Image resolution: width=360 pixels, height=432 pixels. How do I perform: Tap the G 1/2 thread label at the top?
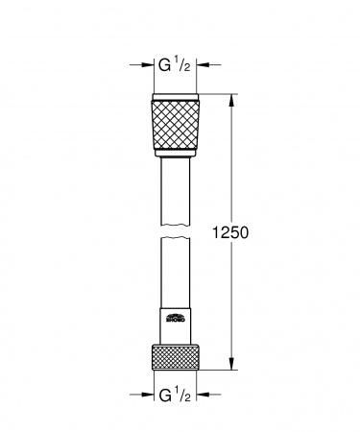pos(177,68)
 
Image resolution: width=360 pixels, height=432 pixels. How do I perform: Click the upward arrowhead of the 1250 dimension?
pos(230,99)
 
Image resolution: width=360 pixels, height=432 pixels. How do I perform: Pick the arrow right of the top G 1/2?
pos(211,68)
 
